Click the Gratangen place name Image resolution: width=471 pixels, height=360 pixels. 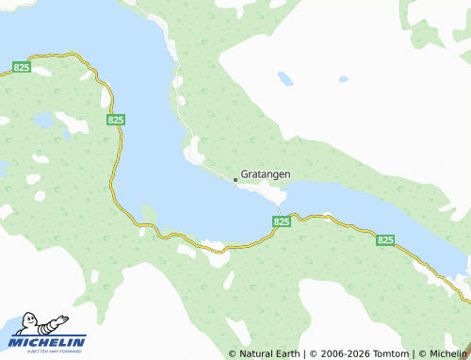click(266, 174)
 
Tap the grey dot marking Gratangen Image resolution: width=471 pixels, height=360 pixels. click(235, 178)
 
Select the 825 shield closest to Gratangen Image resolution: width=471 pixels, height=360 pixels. click(281, 221)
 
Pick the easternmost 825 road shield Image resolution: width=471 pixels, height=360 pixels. click(384, 241)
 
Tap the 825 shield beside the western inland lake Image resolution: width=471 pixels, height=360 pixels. click(116, 120)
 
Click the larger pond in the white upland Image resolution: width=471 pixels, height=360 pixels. click(343, 79)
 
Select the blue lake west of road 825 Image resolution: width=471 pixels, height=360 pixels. click(43, 121)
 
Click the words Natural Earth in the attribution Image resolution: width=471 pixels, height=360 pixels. click(270, 354)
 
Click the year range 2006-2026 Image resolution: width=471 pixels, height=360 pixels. click(346, 354)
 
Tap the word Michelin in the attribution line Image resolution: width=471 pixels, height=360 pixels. click(448, 354)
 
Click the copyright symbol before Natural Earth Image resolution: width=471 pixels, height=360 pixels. click(233, 354)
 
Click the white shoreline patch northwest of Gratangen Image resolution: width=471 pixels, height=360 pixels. click(194, 149)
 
